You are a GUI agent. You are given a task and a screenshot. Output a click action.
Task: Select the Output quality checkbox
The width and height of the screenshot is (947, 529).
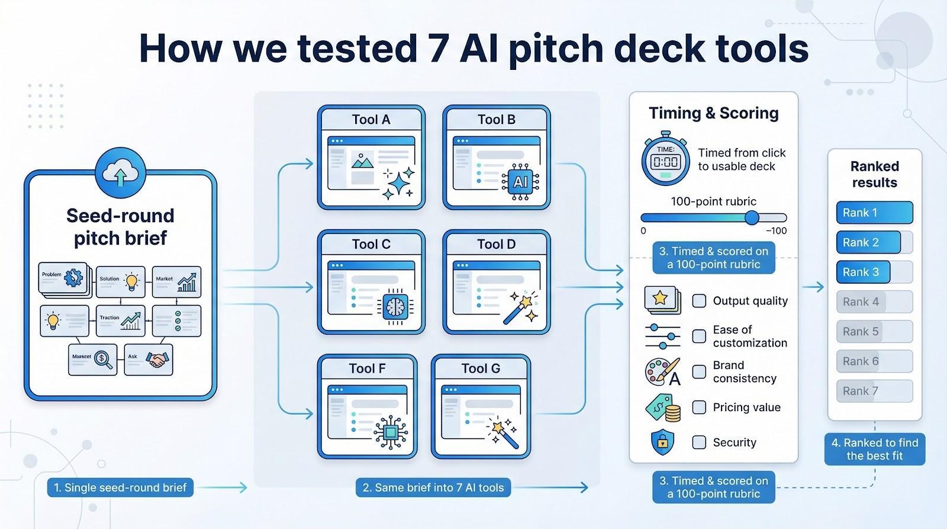(x=699, y=301)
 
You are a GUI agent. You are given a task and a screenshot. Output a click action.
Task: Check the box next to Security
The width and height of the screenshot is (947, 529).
(x=699, y=443)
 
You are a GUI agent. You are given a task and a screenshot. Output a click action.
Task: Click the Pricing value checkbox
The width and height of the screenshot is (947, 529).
(x=699, y=408)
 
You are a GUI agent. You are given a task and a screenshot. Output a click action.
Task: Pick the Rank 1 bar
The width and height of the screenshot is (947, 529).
(x=874, y=213)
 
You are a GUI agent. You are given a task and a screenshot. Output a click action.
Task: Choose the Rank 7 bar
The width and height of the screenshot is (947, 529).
(x=874, y=391)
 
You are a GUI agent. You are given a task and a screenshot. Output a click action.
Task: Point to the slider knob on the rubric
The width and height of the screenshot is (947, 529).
(x=752, y=217)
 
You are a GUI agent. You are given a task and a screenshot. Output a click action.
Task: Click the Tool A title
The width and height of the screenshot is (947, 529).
(x=371, y=120)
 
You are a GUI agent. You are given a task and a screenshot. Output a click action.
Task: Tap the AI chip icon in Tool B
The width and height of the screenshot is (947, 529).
(x=520, y=182)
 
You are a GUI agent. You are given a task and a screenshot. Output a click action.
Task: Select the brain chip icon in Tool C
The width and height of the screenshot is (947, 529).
(x=394, y=307)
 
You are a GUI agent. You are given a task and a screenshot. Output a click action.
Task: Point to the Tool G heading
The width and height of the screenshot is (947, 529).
(x=481, y=368)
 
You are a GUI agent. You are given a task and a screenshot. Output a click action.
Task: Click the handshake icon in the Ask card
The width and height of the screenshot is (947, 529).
(x=157, y=360)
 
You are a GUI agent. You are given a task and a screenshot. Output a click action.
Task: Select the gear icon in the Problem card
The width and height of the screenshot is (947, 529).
(x=74, y=277)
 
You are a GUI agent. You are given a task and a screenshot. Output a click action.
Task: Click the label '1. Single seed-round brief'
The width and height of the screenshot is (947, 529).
(x=120, y=488)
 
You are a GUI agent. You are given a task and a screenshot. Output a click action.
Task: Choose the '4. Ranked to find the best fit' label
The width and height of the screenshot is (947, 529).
(x=874, y=449)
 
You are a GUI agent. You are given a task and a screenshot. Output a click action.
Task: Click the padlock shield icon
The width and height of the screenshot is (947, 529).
(x=662, y=441)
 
